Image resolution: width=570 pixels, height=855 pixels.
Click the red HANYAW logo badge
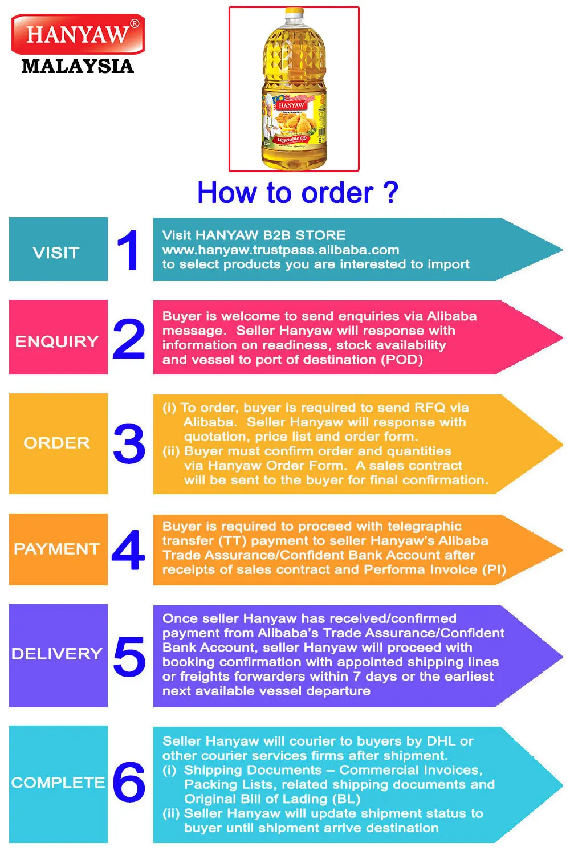pos(78,34)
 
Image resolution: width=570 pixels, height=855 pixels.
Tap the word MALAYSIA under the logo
pos(78,66)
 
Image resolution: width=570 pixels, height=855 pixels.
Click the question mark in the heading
pos(391,193)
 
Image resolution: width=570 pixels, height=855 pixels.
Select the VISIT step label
pos(56,253)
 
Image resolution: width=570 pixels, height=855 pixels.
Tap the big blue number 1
pos(128,250)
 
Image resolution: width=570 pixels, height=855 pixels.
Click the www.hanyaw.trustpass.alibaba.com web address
pos(280,250)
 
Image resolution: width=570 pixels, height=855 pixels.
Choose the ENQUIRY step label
pos(57,341)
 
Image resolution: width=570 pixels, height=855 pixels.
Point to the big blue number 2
pos(129,339)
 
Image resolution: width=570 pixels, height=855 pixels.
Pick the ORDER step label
pos(57,443)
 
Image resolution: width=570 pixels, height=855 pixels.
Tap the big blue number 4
pos(129,550)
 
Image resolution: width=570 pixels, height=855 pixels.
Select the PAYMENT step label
pos(57,549)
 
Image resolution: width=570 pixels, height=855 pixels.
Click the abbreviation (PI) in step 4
pos(494,569)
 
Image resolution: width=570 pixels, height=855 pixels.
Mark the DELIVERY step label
pos(57,654)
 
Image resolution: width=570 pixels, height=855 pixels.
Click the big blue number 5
pos(129,657)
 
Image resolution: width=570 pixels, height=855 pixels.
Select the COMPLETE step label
pos(58,783)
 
